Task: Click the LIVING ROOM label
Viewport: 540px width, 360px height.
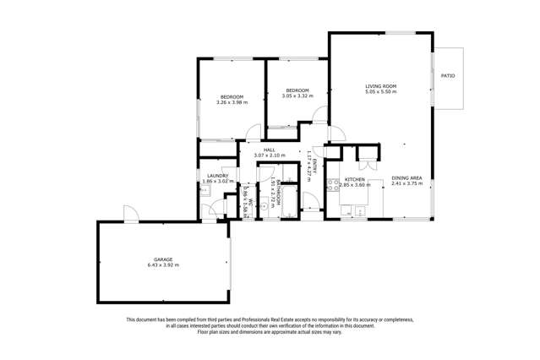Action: pos(380,86)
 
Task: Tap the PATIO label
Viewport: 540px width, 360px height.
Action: pos(448,77)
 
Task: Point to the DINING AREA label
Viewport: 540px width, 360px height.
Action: pos(406,177)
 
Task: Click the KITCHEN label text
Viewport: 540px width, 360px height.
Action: pos(354,179)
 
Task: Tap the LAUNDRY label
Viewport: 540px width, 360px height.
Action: pos(218,176)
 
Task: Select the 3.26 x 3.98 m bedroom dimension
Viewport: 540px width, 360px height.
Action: pos(232,103)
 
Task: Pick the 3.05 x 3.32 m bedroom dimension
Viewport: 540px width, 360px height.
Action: pos(297,96)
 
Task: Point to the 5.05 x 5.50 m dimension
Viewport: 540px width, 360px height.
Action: pos(380,92)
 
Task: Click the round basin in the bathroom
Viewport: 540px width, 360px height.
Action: pos(265,205)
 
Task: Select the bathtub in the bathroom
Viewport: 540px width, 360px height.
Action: pos(289,203)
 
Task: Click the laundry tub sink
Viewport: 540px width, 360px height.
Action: pos(205,191)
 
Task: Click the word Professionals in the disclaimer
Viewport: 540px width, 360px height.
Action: pos(247,319)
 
